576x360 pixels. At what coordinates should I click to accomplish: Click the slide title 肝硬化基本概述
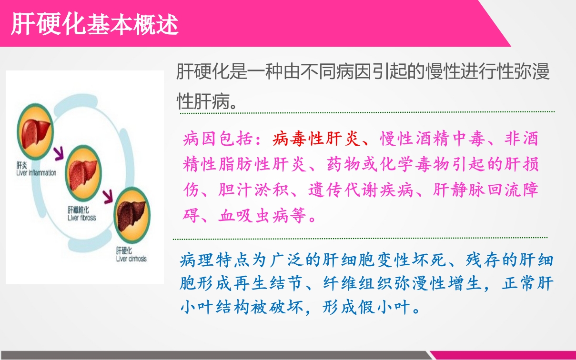click(x=95, y=24)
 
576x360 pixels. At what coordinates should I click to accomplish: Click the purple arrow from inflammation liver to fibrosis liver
click(x=60, y=153)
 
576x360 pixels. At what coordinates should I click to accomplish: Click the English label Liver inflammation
click(x=36, y=173)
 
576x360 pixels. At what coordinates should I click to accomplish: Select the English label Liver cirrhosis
click(x=131, y=259)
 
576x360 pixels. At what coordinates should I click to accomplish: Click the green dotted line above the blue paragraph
click(x=360, y=238)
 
